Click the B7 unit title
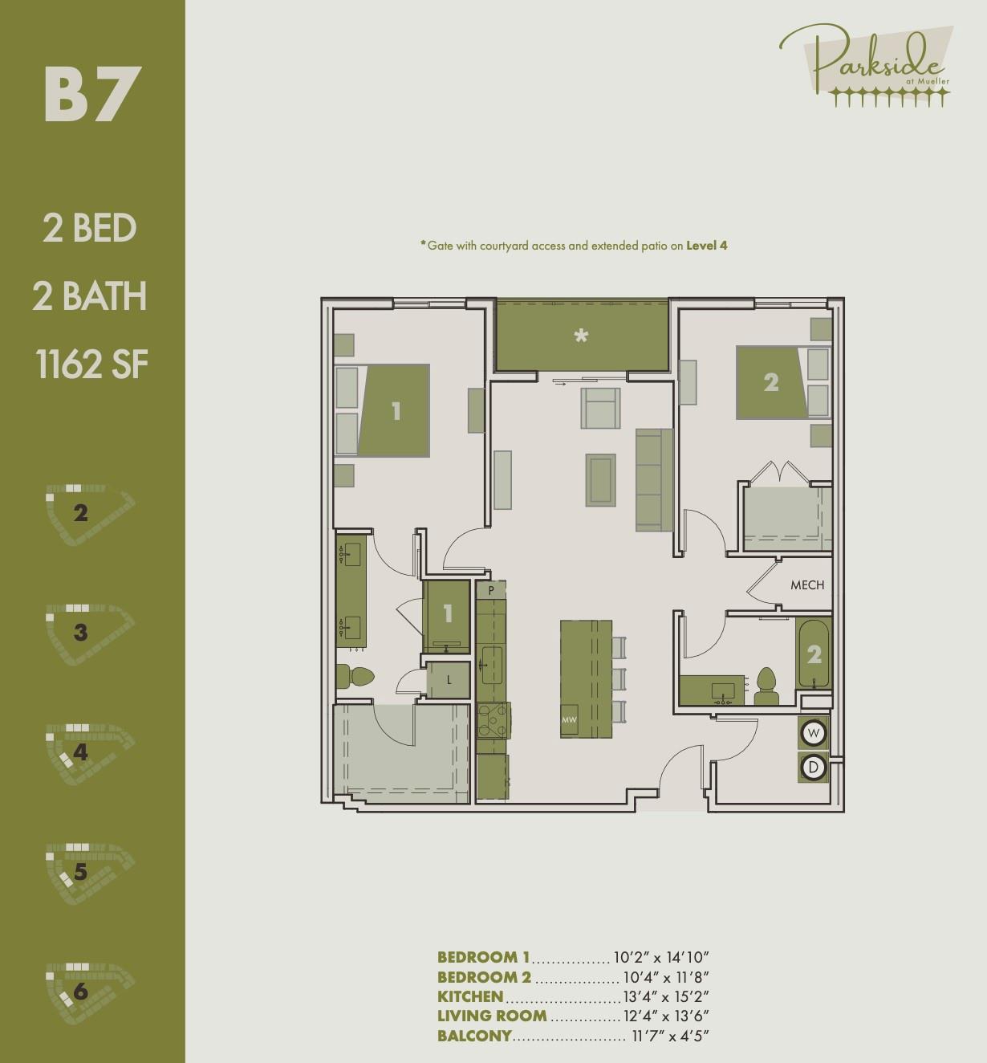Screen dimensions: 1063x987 tap(92, 95)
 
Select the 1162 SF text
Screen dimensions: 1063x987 tap(92, 365)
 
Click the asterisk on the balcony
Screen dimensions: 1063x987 tap(581, 336)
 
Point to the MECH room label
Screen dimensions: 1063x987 tap(806, 585)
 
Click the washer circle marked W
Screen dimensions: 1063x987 tap(814, 733)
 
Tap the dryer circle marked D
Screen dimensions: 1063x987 tap(814, 768)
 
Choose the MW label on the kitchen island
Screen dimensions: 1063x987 tap(569, 720)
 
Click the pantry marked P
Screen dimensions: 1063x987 tap(491, 591)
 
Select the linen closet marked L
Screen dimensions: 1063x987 tap(449, 680)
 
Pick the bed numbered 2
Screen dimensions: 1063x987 tap(771, 382)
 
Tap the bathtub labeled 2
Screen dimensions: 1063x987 tap(814, 654)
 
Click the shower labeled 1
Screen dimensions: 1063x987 tap(447, 615)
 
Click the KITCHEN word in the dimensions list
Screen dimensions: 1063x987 tap(470, 996)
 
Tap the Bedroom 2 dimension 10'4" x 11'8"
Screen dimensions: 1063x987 tap(666, 977)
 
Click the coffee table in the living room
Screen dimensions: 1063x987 tap(601, 480)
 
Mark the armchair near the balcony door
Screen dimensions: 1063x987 tap(601, 408)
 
